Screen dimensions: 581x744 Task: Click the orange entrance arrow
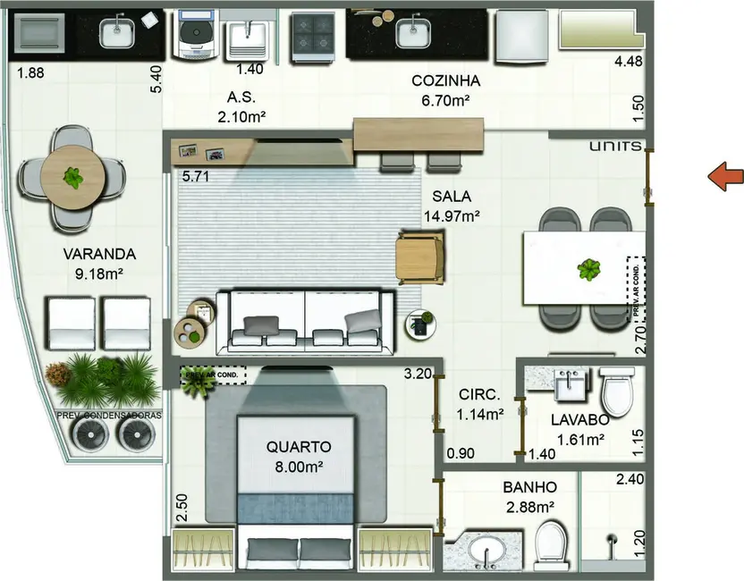coord(726,177)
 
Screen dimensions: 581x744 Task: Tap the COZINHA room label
coord(452,90)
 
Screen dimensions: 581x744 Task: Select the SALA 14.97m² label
coord(452,206)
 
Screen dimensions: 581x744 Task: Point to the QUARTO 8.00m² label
coord(299,455)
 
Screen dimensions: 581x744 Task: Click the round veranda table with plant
coord(72,178)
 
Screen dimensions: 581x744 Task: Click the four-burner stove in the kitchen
coord(314,36)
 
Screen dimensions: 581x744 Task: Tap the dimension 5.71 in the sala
coord(195,177)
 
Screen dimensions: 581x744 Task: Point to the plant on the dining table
coord(588,268)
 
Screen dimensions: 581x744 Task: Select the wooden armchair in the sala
coord(419,257)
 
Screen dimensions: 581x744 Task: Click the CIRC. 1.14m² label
coord(480,404)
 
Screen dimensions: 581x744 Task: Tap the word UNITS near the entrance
coord(615,146)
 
